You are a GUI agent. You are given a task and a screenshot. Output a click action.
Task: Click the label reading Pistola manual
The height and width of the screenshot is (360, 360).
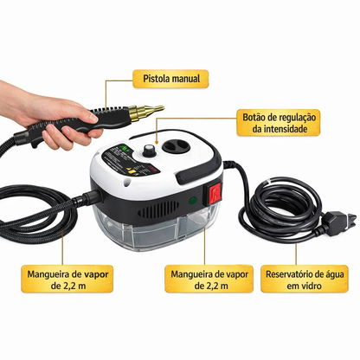pos(168,79)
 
